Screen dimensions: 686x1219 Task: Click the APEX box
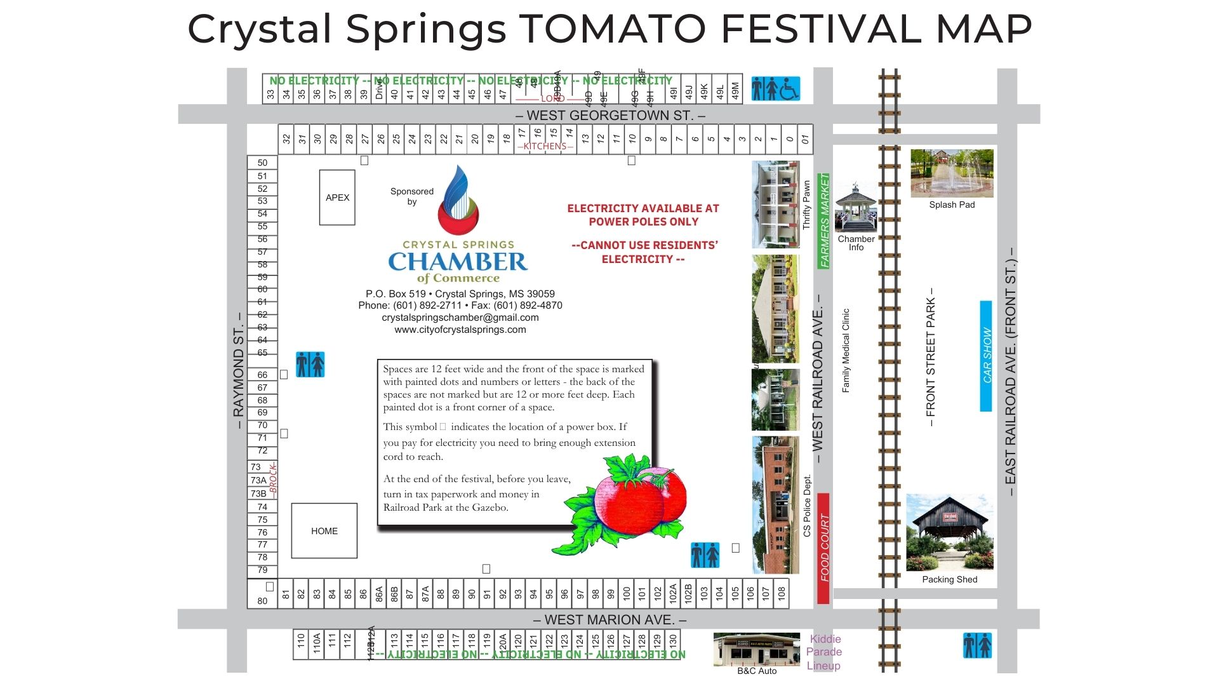337,198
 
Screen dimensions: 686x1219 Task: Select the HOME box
324,531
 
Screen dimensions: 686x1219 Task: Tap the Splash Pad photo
952,173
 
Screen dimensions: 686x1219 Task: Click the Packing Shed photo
949,532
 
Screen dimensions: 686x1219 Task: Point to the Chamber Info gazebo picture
856,208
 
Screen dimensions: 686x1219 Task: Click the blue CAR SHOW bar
986,356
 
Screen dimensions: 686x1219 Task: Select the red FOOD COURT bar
823,548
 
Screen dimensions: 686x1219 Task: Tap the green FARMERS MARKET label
824,220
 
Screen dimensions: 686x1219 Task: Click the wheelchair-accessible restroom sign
775,89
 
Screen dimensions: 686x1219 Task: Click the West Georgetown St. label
610,116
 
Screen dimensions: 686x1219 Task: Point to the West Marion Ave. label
609,620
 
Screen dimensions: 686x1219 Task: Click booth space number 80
262,600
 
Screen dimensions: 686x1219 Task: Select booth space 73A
258,480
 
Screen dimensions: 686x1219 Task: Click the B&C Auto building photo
756,649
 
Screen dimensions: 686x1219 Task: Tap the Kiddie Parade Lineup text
824,652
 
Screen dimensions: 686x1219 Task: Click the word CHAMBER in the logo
458,262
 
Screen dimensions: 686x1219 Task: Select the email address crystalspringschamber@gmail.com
460,318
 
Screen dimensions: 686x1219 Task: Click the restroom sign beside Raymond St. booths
310,365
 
